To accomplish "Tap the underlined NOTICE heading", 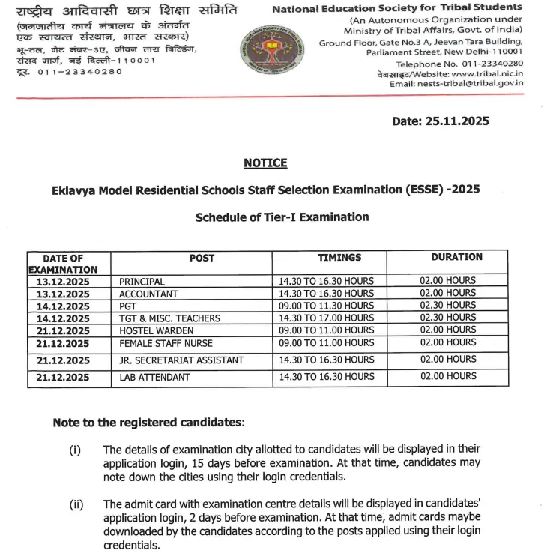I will click(265, 163).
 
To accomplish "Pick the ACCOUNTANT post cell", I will click(148, 294).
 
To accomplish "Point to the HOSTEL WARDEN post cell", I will click(153, 330).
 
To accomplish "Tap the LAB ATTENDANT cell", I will click(154, 377).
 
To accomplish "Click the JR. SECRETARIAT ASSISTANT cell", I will click(181, 360).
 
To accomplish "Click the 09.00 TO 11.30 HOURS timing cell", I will click(326, 306).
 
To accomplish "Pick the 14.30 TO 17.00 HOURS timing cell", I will click(326, 318).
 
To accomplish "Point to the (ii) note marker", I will click(76, 504).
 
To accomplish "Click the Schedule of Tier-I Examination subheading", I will click(282, 217).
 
